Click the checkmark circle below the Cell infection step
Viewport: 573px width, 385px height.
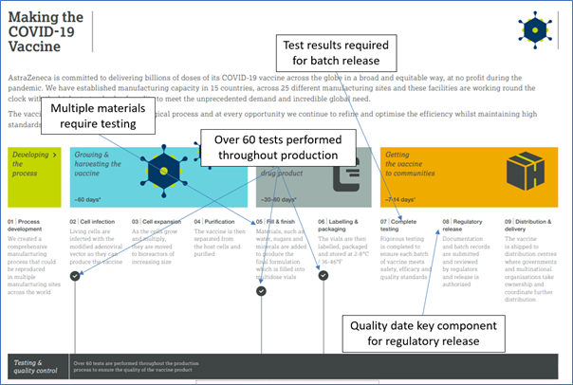point(75,275)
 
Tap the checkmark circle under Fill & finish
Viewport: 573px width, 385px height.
point(262,291)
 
